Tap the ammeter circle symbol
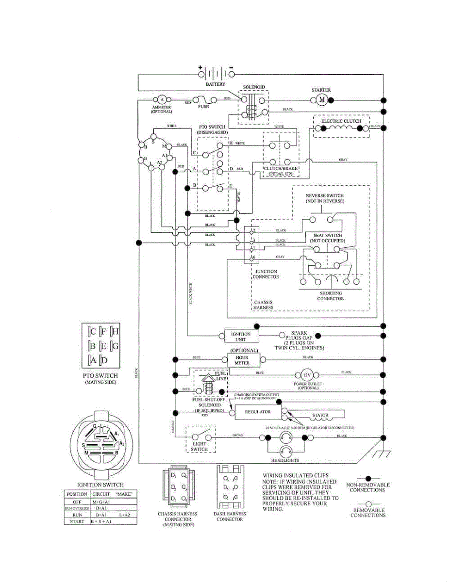click(x=161, y=100)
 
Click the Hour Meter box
click(x=242, y=360)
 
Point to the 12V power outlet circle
click(x=306, y=376)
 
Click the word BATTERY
click(x=215, y=84)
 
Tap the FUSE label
click(x=203, y=106)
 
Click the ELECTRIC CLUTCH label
click(x=342, y=121)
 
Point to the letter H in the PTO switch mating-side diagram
click(x=116, y=332)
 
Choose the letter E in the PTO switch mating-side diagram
click(x=104, y=346)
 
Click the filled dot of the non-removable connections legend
click(x=367, y=478)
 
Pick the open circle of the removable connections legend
click(x=367, y=504)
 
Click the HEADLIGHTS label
click(x=284, y=460)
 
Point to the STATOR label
click(x=320, y=415)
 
